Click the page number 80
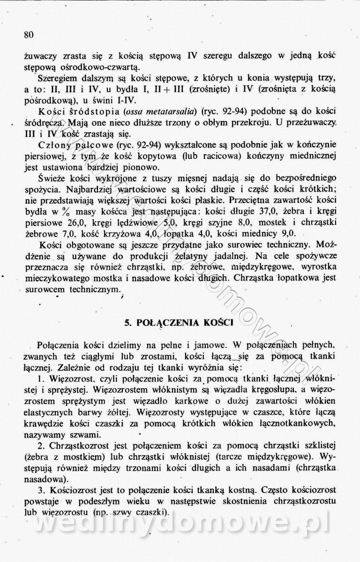29,35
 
